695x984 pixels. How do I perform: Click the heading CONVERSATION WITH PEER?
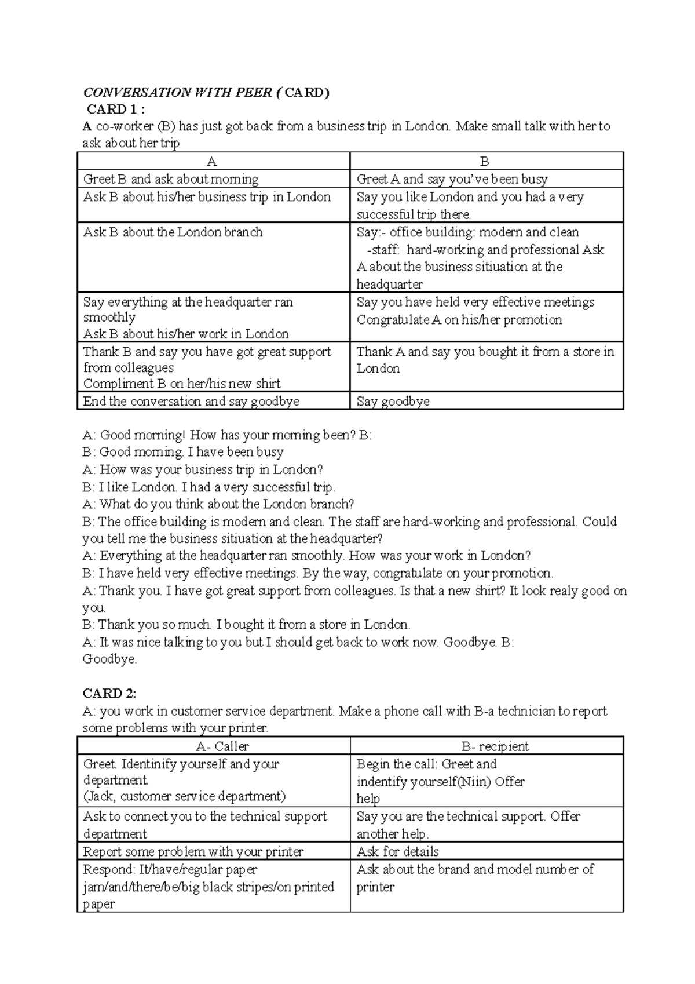pyautogui.click(x=177, y=93)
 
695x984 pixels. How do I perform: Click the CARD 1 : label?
pyautogui.click(x=115, y=110)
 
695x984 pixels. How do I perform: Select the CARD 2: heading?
pyautogui.click(x=109, y=694)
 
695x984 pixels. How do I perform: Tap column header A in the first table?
pyautogui.click(x=212, y=162)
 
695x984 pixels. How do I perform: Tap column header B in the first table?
pyautogui.click(x=485, y=162)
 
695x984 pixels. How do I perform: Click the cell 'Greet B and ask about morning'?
pyautogui.click(x=171, y=180)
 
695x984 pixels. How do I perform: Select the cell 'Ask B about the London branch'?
pyautogui.click(x=173, y=232)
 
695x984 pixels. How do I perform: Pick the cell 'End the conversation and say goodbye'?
pyautogui.click(x=191, y=402)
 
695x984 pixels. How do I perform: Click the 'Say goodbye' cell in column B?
pyautogui.click(x=393, y=402)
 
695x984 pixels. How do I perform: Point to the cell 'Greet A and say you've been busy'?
pyautogui.click(x=452, y=180)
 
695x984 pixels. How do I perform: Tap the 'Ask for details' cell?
pyautogui.click(x=397, y=851)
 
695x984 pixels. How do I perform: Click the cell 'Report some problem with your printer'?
pyautogui.click(x=193, y=851)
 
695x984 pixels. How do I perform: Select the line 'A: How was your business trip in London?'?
pyautogui.click(x=203, y=469)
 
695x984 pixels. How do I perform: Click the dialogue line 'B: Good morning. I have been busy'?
pyautogui.click(x=183, y=452)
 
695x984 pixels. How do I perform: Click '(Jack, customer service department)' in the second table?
pyautogui.click(x=184, y=796)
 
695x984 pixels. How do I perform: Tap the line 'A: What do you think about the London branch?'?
pyautogui.click(x=218, y=504)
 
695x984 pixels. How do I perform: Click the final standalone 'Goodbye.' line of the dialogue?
pyautogui.click(x=109, y=659)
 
